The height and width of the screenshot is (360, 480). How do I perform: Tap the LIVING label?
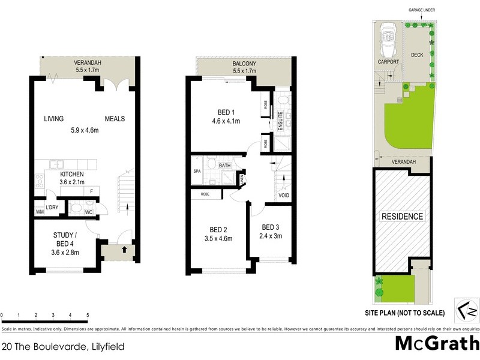pyautogui.click(x=53, y=119)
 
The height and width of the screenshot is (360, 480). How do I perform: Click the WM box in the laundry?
pyautogui.click(x=40, y=211)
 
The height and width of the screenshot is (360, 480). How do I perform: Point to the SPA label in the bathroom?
pyautogui.click(x=196, y=171)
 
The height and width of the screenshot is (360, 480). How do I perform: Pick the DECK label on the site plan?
pyautogui.click(x=417, y=55)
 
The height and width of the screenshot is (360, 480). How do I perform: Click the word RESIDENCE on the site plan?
pyautogui.click(x=401, y=217)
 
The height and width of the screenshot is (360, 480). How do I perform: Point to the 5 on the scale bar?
pyautogui.click(x=88, y=314)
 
